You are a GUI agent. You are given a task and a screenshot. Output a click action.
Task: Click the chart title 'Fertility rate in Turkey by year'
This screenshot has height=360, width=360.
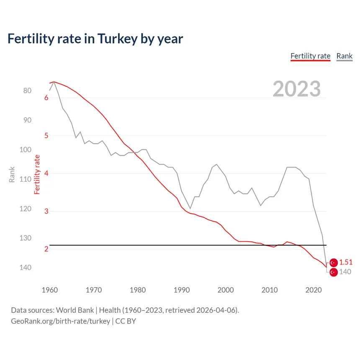pyautogui.click(x=95, y=39)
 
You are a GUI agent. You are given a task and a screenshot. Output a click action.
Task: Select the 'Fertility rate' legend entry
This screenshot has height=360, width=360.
pyautogui.click(x=311, y=56)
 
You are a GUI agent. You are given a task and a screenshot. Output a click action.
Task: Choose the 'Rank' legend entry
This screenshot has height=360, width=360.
pyautogui.click(x=345, y=56)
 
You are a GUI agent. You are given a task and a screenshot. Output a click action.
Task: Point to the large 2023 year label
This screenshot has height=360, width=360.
pyautogui.click(x=297, y=89)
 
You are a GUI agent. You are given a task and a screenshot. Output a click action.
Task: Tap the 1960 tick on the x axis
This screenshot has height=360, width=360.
pyautogui.click(x=50, y=290)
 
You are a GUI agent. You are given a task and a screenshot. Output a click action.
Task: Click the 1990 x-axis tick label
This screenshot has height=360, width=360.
pyautogui.click(x=182, y=290)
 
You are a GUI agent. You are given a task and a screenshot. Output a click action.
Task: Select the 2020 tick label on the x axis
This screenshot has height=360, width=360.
pyautogui.click(x=314, y=290)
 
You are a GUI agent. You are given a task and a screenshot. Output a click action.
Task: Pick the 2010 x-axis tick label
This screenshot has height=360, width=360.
pyautogui.click(x=270, y=290)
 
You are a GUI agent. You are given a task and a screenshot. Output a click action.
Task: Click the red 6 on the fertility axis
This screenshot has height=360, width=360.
pyautogui.click(x=46, y=98)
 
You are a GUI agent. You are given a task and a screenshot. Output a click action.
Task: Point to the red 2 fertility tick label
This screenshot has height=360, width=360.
pyautogui.click(x=46, y=249)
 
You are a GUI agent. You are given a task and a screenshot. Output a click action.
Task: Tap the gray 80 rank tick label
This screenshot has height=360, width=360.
pyautogui.click(x=27, y=91)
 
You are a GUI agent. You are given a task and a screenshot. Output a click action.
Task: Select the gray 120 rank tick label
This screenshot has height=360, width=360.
pyautogui.click(x=25, y=209)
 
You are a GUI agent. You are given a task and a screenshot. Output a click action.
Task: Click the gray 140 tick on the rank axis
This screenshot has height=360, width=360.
pyautogui.click(x=25, y=267)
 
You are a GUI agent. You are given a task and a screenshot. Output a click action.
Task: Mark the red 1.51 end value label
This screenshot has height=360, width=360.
pyautogui.click(x=346, y=262)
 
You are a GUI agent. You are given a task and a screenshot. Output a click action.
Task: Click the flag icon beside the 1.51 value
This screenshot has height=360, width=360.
pyautogui.click(x=334, y=262)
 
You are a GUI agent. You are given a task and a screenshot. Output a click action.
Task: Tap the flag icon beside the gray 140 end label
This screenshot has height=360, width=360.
pyautogui.click(x=334, y=272)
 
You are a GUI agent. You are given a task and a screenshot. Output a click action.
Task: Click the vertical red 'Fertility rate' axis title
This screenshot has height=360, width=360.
pyautogui.click(x=37, y=175)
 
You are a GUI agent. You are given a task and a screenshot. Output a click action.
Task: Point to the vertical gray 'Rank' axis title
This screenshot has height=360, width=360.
pyautogui.click(x=12, y=175)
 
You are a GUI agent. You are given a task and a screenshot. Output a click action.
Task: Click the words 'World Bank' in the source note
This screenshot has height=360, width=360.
pyautogui.click(x=75, y=310)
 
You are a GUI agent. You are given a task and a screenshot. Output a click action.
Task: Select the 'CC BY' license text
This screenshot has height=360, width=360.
pyautogui.click(x=126, y=321)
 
